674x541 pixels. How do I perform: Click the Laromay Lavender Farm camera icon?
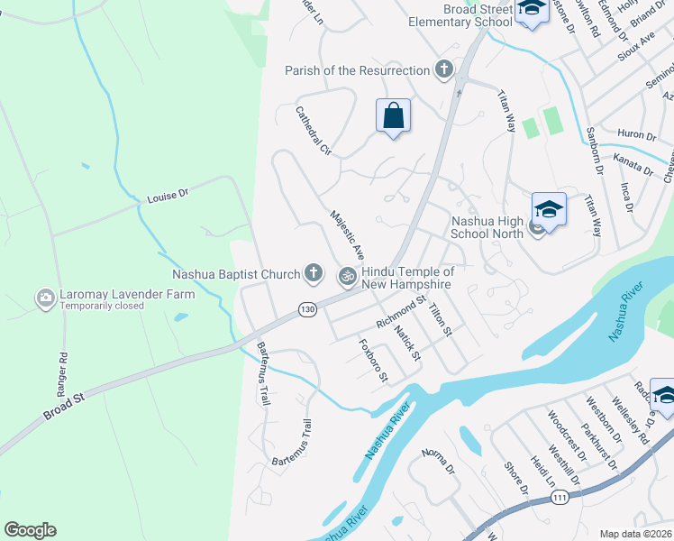(x=45, y=297)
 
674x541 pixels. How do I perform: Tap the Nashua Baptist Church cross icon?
(x=314, y=272)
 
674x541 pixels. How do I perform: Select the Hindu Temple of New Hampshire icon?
(x=346, y=277)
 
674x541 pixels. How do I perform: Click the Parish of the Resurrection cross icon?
(x=443, y=69)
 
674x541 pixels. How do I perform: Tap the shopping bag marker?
(x=393, y=116)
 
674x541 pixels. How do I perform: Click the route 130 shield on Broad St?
(x=308, y=309)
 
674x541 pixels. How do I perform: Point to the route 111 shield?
(x=560, y=497)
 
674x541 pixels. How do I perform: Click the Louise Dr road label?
(x=168, y=195)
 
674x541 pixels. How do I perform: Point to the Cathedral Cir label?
(x=314, y=132)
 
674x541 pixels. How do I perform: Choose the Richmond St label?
(x=401, y=310)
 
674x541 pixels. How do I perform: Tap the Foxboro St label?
(x=372, y=360)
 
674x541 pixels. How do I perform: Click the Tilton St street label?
(x=441, y=320)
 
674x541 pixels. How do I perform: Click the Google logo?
(x=30, y=530)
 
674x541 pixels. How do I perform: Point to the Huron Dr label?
(x=638, y=136)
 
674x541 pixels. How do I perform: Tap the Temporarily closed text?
(x=102, y=306)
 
